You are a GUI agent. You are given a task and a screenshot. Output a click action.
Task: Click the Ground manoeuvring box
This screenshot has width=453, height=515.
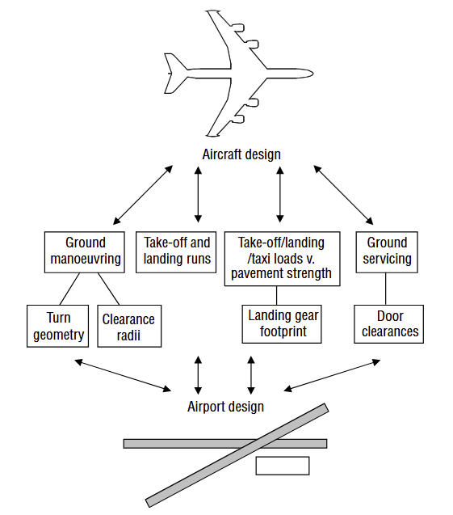[x=85, y=252]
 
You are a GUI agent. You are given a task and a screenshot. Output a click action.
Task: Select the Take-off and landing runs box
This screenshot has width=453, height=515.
[x=176, y=252]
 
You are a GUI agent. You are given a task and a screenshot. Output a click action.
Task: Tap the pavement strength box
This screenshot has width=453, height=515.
[x=282, y=259]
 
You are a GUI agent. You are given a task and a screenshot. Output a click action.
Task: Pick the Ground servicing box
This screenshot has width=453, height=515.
[x=387, y=252]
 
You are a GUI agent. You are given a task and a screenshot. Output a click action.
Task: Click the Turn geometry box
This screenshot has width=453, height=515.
[x=57, y=326]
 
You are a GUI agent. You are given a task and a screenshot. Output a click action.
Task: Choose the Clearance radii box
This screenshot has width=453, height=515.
[x=129, y=326]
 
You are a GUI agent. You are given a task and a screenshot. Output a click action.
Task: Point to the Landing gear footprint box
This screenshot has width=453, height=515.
[x=282, y=324]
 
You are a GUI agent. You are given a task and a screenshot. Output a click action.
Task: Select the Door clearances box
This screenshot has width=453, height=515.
[x=388, y=324]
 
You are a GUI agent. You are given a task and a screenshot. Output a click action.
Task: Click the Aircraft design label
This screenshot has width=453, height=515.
[x=241, y=154]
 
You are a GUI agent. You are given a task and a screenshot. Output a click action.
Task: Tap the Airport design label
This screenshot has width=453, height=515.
[x=225, y=407]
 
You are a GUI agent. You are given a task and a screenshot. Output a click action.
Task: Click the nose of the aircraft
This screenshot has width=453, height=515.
[x=312, y=74]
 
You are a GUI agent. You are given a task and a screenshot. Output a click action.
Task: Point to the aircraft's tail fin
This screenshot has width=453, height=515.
[x=175, y=74]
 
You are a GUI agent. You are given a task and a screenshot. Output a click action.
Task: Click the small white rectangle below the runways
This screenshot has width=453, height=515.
[x=283, y=466]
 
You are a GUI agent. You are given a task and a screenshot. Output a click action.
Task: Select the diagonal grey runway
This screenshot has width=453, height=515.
[x=237, y=455]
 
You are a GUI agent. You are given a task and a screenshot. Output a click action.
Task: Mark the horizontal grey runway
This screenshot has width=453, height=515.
[x=225, y=444]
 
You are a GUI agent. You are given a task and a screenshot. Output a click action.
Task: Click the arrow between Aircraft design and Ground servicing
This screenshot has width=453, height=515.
[x=343, y=195]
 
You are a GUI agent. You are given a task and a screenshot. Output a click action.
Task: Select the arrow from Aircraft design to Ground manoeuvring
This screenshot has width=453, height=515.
[x=143, y=195]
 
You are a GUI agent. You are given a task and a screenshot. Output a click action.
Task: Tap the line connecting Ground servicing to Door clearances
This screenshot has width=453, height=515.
[x=385, y=289]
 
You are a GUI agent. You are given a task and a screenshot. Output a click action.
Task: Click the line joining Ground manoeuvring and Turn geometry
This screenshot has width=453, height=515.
[x=70, y=289]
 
